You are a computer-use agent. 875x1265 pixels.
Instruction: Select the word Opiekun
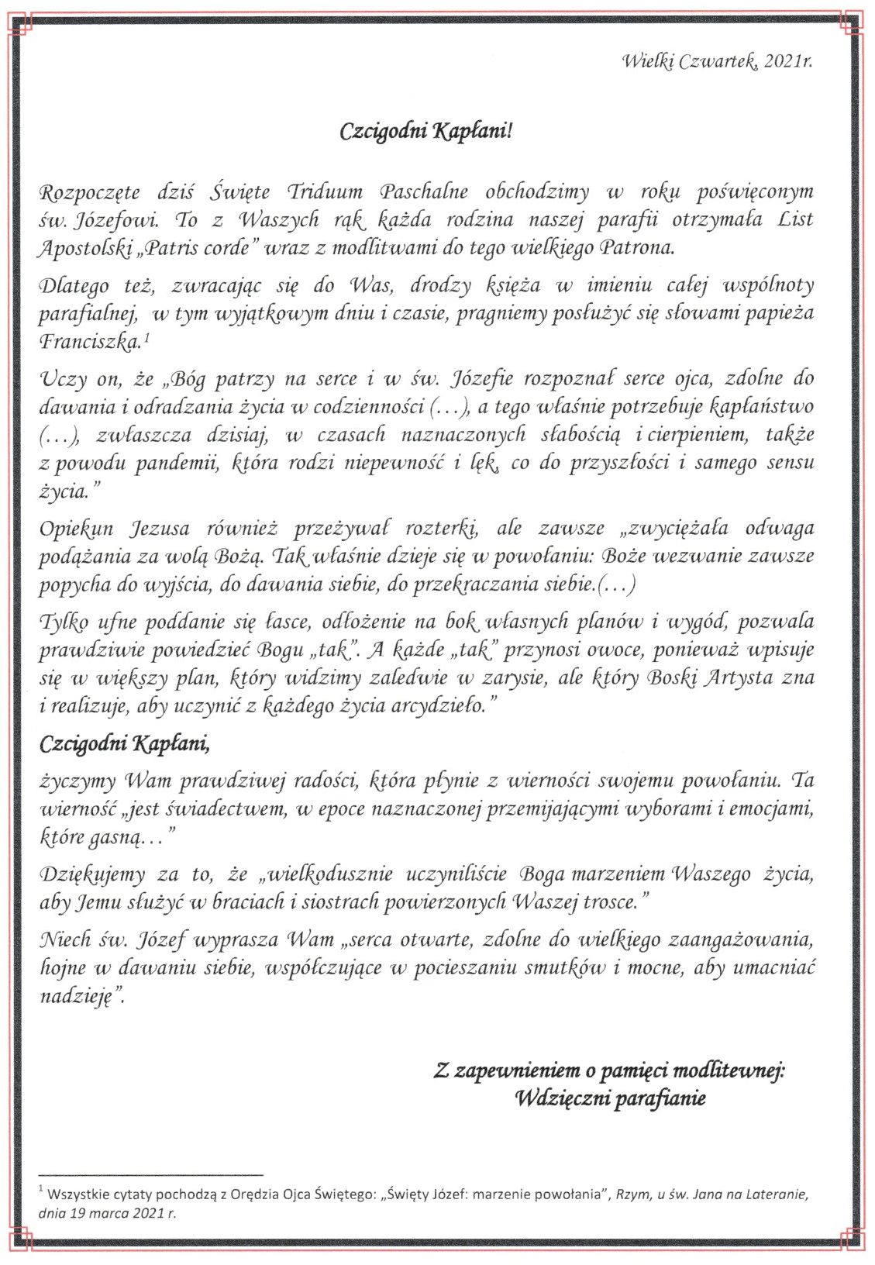pyautogui.click(x=77, y=529)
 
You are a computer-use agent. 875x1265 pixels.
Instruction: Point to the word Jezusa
pyautogui.click(x=159, y=529)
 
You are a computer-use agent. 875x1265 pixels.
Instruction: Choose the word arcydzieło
pyautogui.click(x=444, y=706)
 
